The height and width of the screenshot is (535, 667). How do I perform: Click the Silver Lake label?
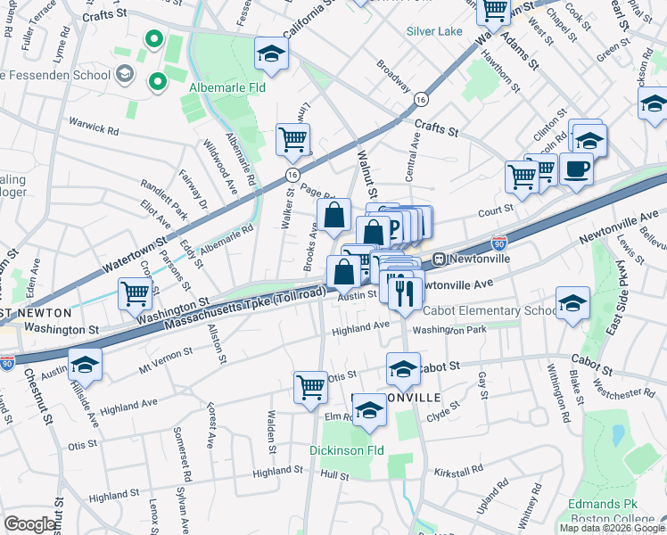[x=434, y=30]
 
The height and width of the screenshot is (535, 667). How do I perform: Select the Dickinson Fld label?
[x=346, y=450]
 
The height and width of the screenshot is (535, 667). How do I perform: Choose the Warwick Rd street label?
[x=94, y=131]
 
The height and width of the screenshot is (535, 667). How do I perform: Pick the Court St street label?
[x=496, y=210]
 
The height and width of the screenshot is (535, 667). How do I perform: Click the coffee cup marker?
[x=576, y=169]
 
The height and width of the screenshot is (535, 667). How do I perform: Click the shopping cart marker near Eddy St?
[x=135, y=293]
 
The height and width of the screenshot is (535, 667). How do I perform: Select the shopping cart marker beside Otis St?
[x=311, y=387]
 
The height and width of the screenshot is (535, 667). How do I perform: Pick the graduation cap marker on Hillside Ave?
[x=86, y=365]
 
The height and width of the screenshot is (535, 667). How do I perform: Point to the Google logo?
[x=30, y=524]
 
